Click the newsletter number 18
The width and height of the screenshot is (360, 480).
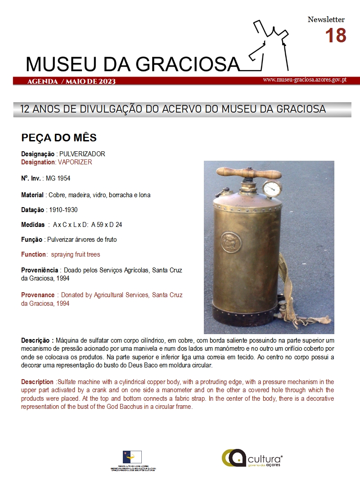tap(335, 36)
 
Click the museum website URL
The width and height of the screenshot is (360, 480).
tap(304, 80)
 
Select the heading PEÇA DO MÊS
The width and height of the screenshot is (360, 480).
tap(59, 137)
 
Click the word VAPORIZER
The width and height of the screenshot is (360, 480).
tap(75, 162)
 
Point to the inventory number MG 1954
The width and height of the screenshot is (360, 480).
tap(58, 178)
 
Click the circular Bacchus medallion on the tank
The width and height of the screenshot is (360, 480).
tap(231, 243)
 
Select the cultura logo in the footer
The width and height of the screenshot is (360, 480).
tap(252, 458)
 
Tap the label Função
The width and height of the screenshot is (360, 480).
tap(31, 240)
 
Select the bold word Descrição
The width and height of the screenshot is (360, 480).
tap(37, 340)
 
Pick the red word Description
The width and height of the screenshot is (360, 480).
tap(37, 382)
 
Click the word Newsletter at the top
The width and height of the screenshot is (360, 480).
tap(326, 19)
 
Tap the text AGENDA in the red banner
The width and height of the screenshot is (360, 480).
tap(42, 82)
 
